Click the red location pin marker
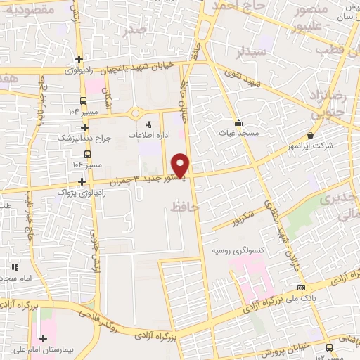[x=181, y=165]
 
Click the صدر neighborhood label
[x=134, y=30]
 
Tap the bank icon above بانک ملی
[x=301, y=288]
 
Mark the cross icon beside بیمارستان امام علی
[x=43, y=338]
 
